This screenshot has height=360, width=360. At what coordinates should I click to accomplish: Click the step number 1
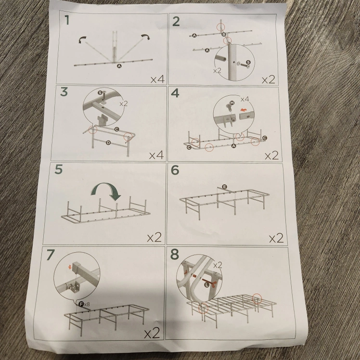(x=67, y=20)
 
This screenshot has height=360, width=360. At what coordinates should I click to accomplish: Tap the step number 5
(x=59, y=169)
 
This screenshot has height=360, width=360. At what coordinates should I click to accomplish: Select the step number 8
(x=175, y=255)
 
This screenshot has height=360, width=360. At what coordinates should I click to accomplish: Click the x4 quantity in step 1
(x=157, y=79)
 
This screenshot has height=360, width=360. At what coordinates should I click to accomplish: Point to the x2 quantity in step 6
(x=276, y=238)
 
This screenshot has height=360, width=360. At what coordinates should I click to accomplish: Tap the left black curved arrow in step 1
(x=82, y=40)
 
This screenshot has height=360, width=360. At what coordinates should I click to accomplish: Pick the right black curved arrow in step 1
(x=145, y=37)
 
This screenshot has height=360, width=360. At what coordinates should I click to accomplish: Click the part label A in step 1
(x=119, y=66)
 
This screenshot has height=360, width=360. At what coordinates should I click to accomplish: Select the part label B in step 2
(x=224, y=35)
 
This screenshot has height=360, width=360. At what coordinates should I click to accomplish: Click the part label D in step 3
(x=108, y=143)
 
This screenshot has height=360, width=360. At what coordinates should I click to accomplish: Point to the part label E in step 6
(x=224, y=187)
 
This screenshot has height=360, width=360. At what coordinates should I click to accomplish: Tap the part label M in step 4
(x=232, y=103)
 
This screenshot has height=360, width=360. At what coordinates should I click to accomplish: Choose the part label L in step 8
(x=207, y=285)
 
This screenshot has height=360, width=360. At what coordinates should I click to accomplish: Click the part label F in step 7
(x=81, y=305)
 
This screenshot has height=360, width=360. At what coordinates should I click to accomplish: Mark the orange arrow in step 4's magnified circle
(x=244, y=110)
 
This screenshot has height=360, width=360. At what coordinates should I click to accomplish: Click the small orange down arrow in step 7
(x=70, y=267)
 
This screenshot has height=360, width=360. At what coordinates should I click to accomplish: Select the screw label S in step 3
(x=100, y=92)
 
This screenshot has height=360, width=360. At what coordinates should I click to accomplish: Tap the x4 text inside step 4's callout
(x=245, y=99)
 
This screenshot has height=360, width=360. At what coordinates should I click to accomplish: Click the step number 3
(x=64, y=91)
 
